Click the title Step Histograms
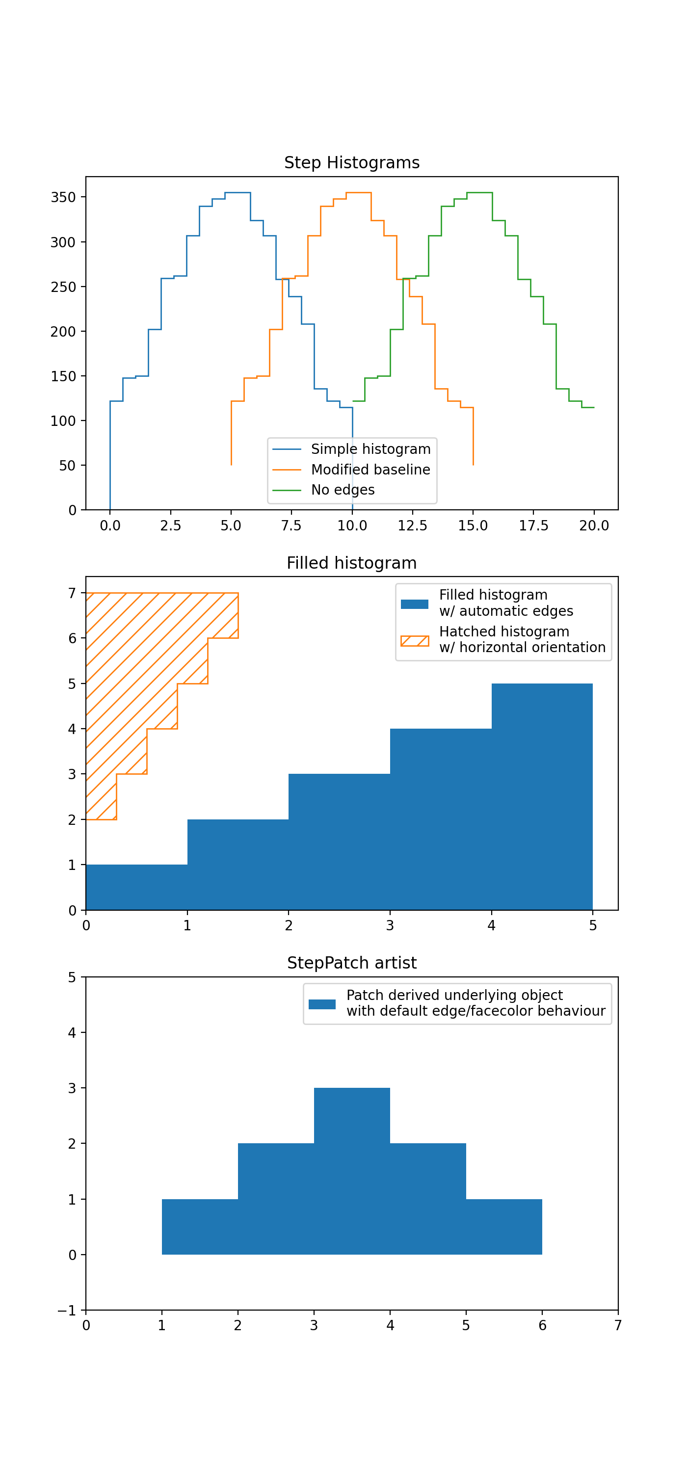pyautogui.click(x=351, y=163)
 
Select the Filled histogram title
pyautogui.click(x=351, y=563)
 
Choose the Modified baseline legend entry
pyautogui.click(x=370, y=470)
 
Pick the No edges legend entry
pyautogui.click(x=343, y=490)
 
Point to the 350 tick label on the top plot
pyautogui.click(x=63, y=197)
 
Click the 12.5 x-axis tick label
pyautogui.click(x=412, y=526)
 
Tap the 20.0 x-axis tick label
pyautogui.click(x=594, y=526)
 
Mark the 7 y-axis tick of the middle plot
pyautogui.click(x=72, y=593)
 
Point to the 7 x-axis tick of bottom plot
pyautogui.click(x=618, y=1325)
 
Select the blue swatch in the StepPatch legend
pyautogui.click(x=322, y=1004)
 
